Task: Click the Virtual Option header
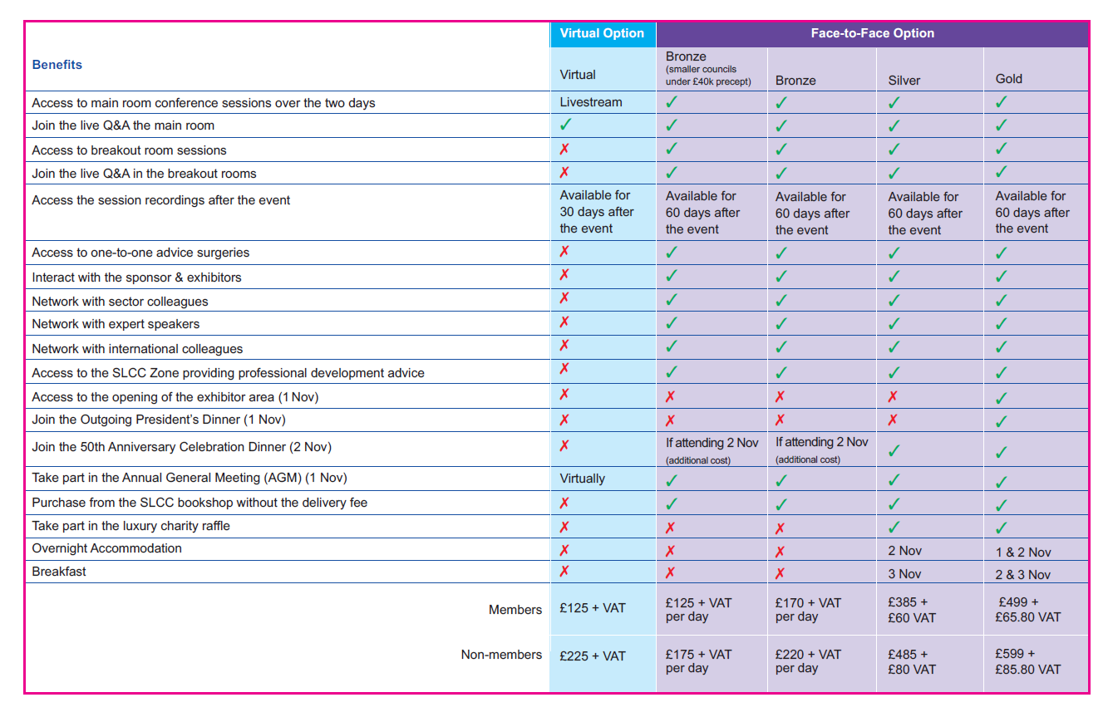point(602,33)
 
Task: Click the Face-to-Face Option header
point(873,33)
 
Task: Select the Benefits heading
point(57,65)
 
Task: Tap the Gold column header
point(1008,79)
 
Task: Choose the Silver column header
point(904,81)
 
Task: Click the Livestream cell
point(591,102)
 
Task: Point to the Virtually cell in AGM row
point(583,479)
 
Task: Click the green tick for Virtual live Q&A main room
point(566,125)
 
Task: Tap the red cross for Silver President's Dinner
point(893,420)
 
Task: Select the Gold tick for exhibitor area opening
point(1002,398)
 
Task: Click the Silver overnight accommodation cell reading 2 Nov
point(905,551)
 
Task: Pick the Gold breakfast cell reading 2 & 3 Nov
point(1022,574)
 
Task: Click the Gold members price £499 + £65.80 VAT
point(1027,610)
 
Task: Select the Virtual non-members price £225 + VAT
point(593,656)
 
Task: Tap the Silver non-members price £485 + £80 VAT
point(912,662)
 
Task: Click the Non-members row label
point(501,655)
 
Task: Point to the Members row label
point(515,609)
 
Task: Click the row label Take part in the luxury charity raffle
point(131,526)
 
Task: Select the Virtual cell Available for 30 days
point(596,212)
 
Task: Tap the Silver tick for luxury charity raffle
point(894,527)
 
